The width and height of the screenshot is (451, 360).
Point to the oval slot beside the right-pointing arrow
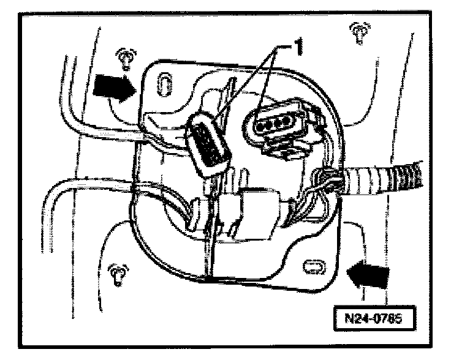tap(164, 83)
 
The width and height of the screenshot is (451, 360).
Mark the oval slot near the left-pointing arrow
tap(313, 266)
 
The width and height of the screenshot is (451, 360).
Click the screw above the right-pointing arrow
tap(125, 56)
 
